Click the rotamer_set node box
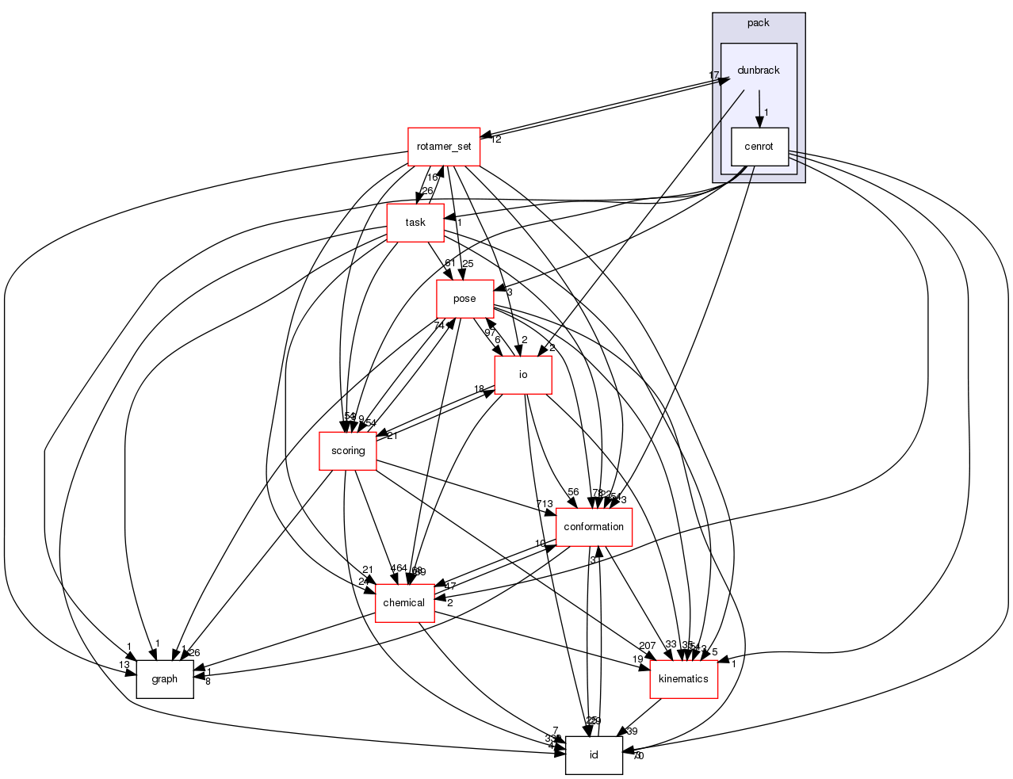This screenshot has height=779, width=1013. (443, 147)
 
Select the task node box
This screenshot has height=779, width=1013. (415, 223)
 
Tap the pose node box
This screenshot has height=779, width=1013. (464, 299)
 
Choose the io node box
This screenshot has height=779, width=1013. (523, 375)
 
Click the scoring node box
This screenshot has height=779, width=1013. (348, 451)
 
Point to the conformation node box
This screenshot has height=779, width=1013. (594, 527)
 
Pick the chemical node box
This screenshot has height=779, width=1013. (404, 603)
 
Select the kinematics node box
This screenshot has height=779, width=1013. (683, 679)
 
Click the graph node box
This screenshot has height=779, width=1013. (164, 679)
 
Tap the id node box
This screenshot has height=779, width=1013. (594, 755)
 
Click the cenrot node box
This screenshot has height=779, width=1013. (759, 147)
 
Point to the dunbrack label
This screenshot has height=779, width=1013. (759, 71)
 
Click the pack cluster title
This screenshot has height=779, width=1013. (759, 23)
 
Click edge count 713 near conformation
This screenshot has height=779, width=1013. (545, 505)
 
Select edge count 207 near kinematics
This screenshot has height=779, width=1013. (647, 645)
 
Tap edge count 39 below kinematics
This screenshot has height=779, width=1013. (632, 731)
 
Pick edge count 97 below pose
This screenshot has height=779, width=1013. (490, 333)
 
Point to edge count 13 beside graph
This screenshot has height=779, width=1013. (124, 664)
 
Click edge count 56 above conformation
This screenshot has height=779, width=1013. (573, 492)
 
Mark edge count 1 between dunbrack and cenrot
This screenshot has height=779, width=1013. (766, 112)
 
